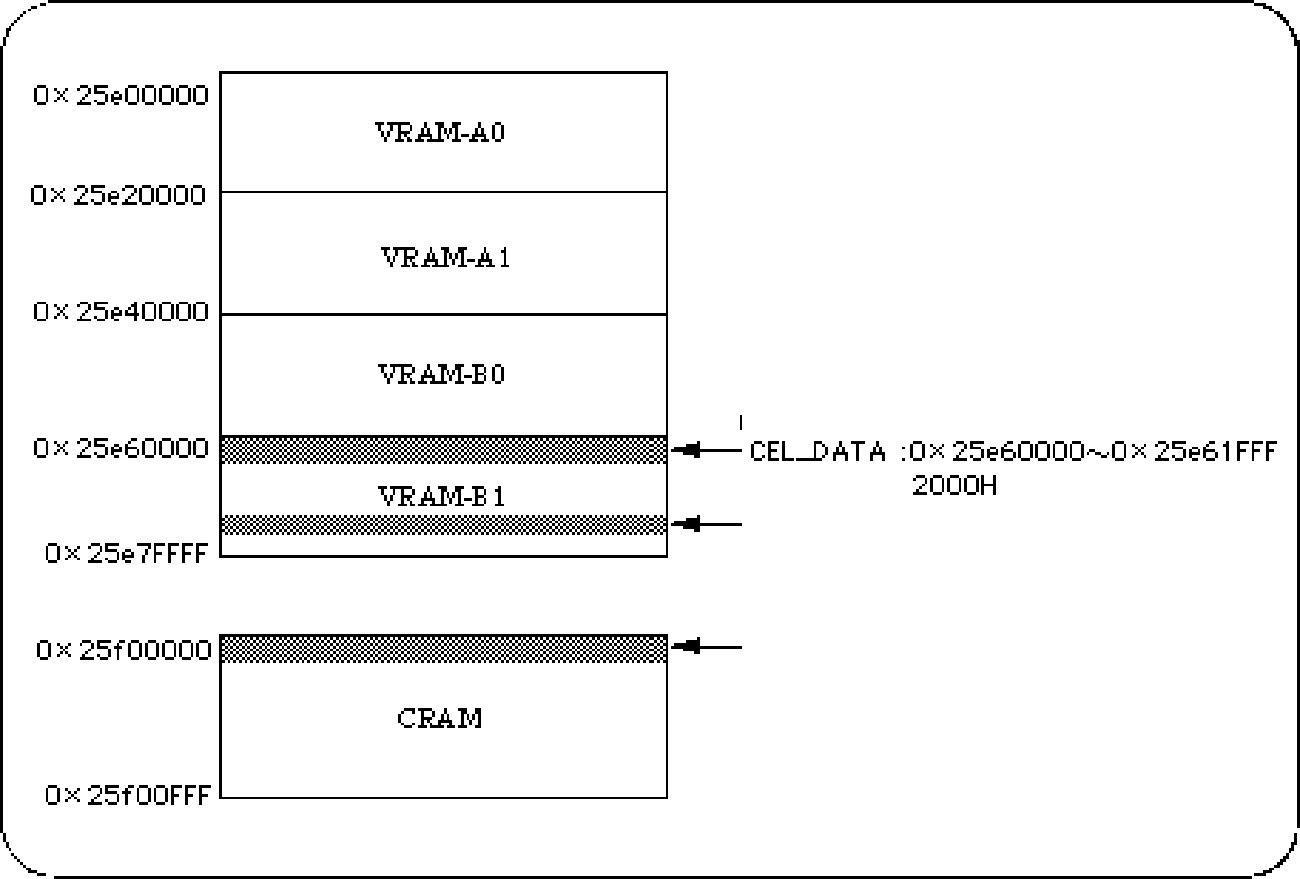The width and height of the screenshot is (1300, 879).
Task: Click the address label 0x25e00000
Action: pos(121,96)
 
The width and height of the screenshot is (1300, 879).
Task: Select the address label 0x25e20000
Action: pos(118,196)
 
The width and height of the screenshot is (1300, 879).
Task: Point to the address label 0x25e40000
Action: pos(121,312)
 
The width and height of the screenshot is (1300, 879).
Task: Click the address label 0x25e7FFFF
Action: pos(126,554)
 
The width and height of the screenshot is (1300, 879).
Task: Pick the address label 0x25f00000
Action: pos(123,650)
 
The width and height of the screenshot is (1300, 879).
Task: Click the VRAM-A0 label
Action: pos(440,133)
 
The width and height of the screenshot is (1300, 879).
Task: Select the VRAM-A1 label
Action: pos(445,258)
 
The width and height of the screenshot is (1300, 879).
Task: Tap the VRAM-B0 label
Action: pos(441,375)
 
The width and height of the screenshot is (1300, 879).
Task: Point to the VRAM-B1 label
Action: pos(441,497)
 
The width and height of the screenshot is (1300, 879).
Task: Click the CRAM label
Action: pos(439,719)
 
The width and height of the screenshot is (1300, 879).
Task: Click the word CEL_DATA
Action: pos(818,452)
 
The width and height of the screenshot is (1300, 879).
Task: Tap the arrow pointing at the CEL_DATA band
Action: pos(707,451)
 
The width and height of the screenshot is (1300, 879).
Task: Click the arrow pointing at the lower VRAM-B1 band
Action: pos(707,524)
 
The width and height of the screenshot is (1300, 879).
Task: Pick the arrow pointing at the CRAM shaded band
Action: pos(707,646)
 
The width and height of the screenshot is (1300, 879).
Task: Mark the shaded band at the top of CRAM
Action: pos(443,649)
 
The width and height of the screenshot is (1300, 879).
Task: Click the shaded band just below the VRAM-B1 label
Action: pos(443,524)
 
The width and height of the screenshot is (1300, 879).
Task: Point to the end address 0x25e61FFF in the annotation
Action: pos(1195,452)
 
